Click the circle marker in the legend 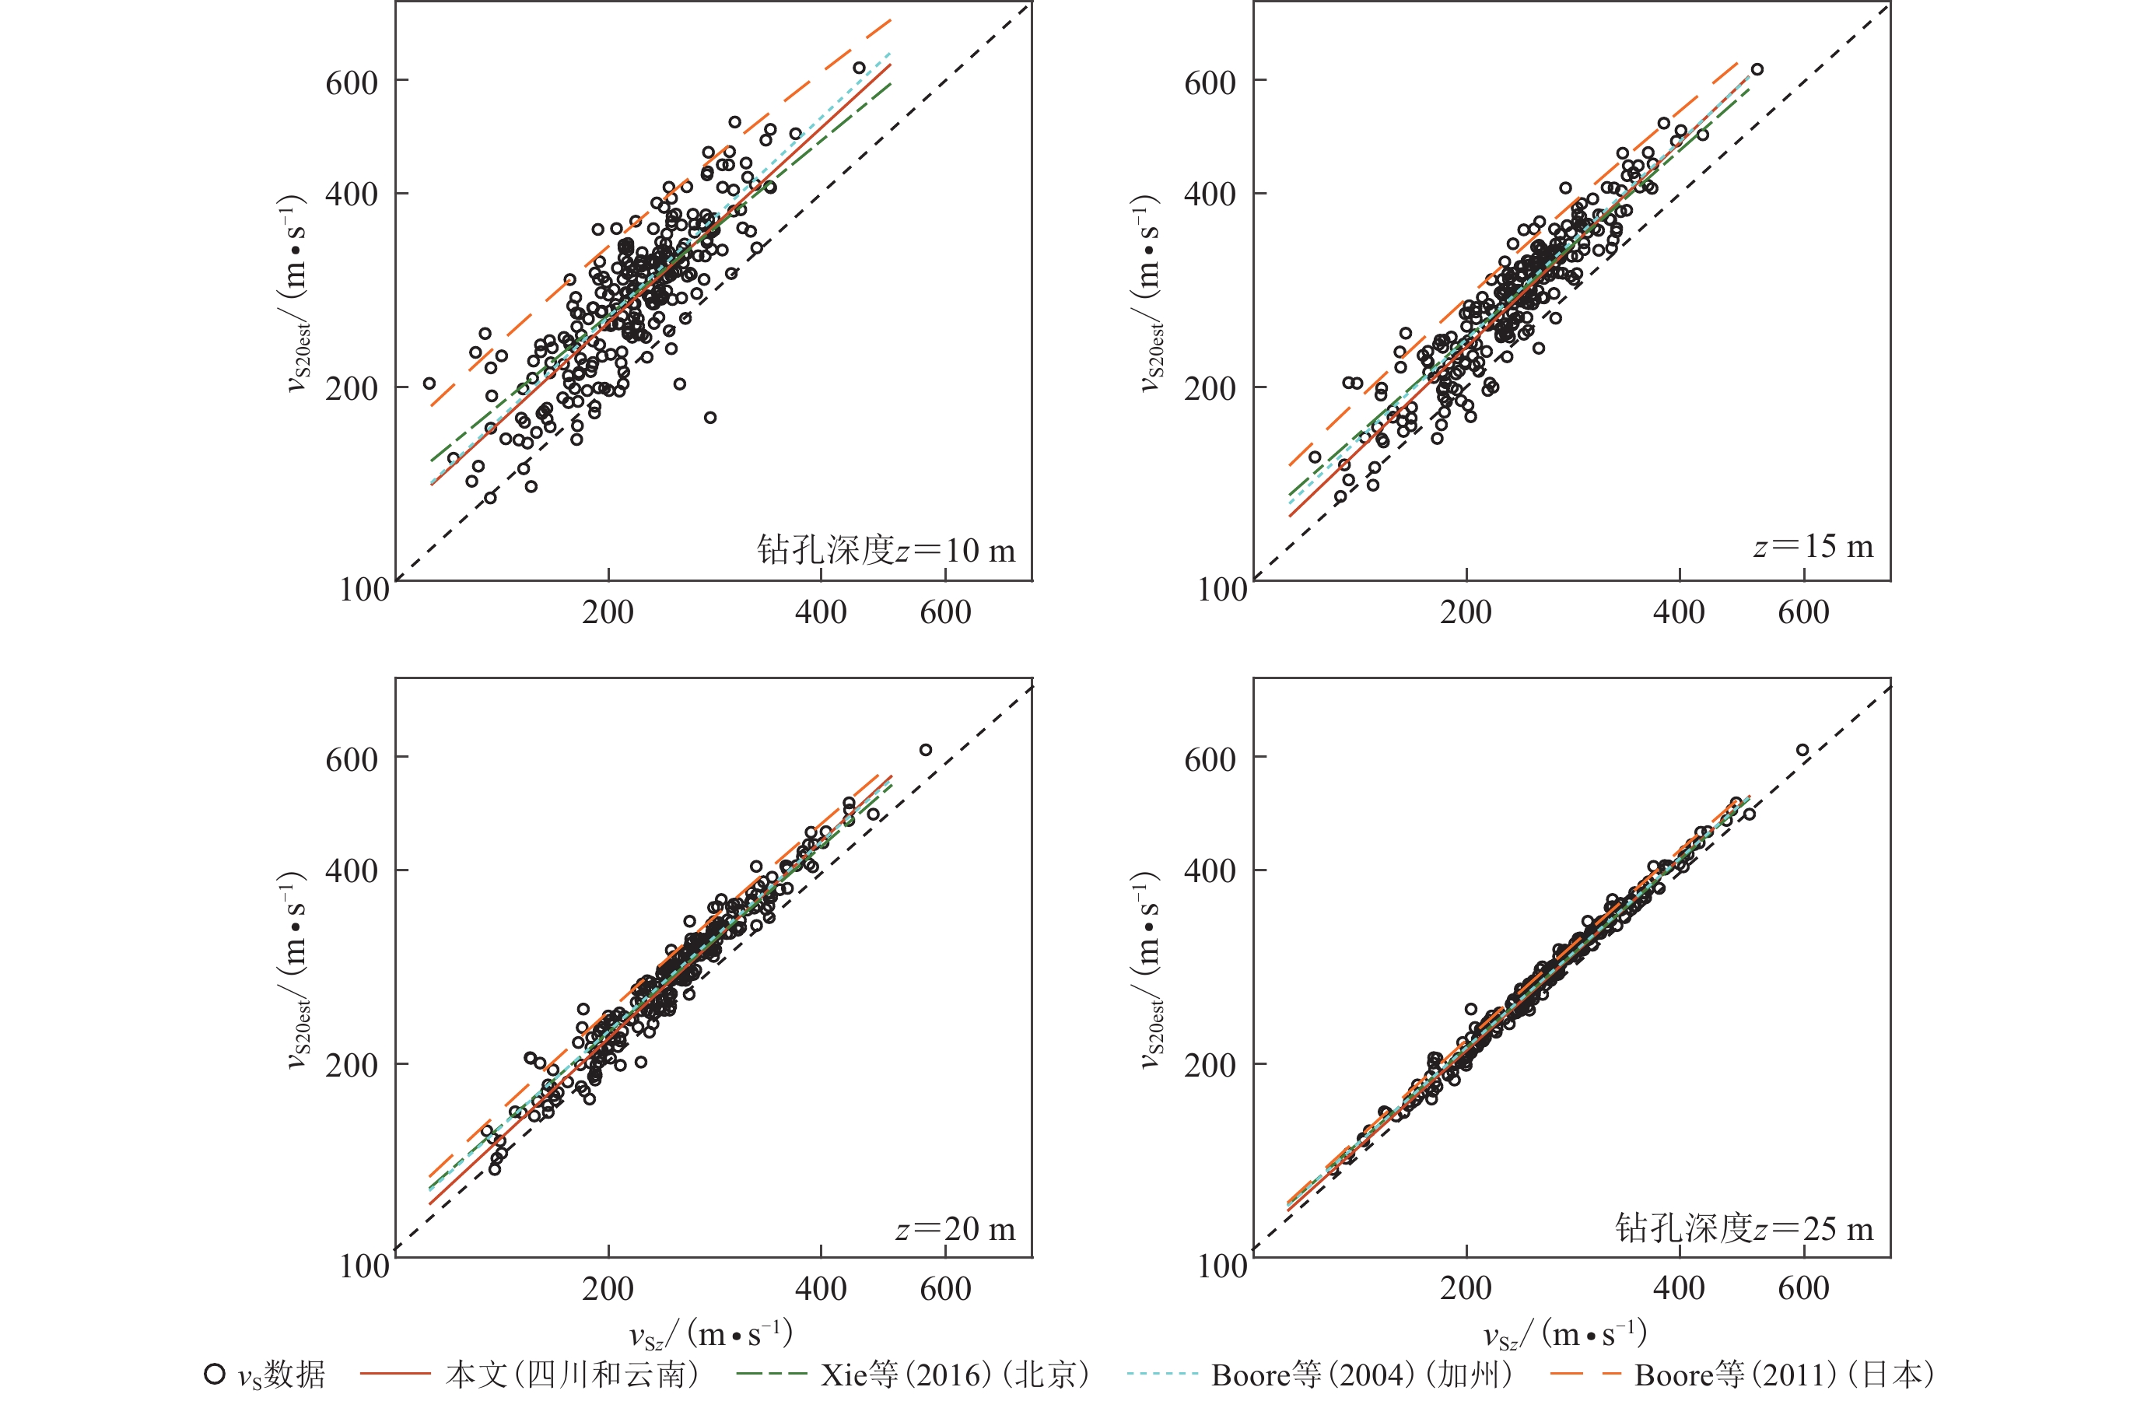click(215, 1374)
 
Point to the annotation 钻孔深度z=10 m click(885, 550)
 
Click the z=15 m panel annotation click(1813, 546)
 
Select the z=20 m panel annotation click(955, 1228)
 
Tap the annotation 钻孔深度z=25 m click(1744, 1228)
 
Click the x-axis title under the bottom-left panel click(711, 1334)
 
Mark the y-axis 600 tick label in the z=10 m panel click(352, 83)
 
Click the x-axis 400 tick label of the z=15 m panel click(1678, 613)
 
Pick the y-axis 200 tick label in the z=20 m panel click(352, 1065)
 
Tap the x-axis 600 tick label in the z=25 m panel click(1803, 1288)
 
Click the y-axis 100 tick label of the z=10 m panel click(364, 590)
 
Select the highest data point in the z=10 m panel click(860, 68)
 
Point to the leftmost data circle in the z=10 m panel click(429, 384)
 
